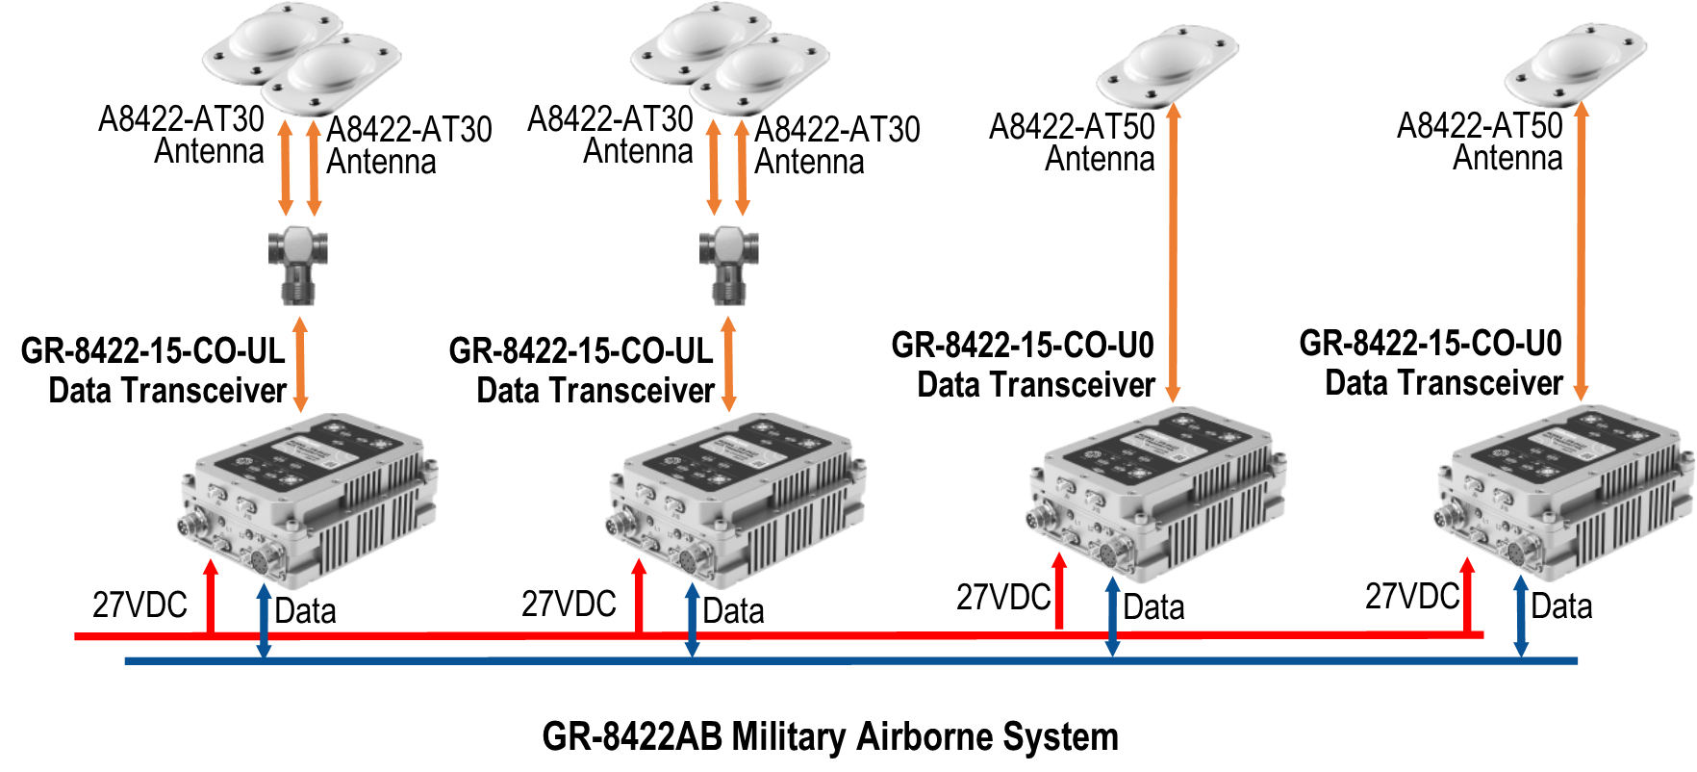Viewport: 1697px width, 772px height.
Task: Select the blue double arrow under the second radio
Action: [x=692, y=621]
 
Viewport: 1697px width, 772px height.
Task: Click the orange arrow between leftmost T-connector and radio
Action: [x=300, y=365]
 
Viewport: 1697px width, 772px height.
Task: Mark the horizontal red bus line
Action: [x=866, y=635]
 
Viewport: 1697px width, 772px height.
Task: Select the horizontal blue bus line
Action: [x=866, y=660]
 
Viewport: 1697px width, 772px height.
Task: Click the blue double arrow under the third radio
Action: [x=1112, y=617]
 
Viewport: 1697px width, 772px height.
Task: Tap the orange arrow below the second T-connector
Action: [x=728, y=365]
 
